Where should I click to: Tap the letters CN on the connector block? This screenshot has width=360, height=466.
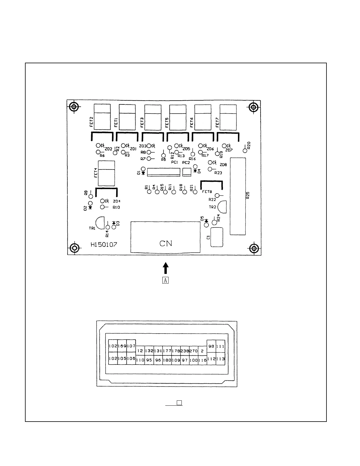pos(166,243)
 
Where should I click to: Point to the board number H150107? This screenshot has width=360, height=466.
pos(104,244)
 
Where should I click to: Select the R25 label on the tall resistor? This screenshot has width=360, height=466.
pos(248,195)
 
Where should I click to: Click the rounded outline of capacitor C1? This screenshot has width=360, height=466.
pos(217,237)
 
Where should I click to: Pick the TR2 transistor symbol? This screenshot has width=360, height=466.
pos(223,207)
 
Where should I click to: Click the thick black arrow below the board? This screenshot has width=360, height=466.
pos(166,268)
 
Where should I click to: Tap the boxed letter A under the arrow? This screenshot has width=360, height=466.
pos(166,280)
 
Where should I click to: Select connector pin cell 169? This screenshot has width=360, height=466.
pos(122,346)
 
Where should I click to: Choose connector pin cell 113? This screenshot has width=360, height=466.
pos(220,359)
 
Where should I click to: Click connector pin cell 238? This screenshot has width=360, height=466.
pos(185,351)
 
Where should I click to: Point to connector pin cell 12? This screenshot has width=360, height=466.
pos(140,351)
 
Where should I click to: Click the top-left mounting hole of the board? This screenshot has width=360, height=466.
pos(74,107)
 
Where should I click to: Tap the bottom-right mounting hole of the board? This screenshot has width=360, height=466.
pos(254,249)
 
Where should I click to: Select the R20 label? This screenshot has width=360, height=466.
pos(249,145)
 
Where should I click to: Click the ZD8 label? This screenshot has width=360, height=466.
pos(223,165)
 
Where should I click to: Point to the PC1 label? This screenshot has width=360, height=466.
pos(174,162)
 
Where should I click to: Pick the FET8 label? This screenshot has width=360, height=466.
pos(207,192)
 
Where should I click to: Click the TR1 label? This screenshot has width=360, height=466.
pos(92,228)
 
